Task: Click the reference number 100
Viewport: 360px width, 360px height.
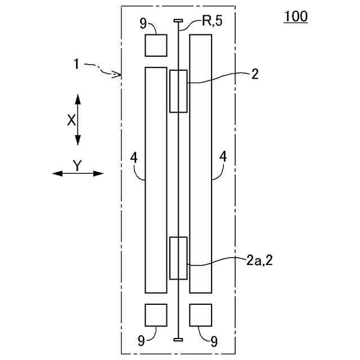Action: pyautogui.click(x=296, y=17)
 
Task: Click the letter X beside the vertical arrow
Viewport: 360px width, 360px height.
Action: pyautogui.click(x=71, y=120)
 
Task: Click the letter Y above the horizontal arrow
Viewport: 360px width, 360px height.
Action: pyautogui.click(x=78, y=165)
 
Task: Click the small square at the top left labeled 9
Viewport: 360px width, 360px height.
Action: pyautogui.click(x=156, y=45)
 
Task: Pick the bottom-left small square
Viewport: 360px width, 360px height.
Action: pyautogui.click(x=156, y=315)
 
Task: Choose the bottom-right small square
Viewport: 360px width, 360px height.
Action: pyautogui.click(x=200, y=315)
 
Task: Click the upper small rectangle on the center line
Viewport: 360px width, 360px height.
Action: pyautogui.click(x=178, y=91)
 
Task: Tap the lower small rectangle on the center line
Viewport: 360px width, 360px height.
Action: pyautogui.click(x=178, y=258)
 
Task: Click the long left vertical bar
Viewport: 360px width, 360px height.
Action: pyautogui.click(x=156, y=180)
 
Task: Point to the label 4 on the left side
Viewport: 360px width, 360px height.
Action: pyautogui.click(x=134, y=159)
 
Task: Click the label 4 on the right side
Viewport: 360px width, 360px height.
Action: pyautogui.click(x=223, y=159)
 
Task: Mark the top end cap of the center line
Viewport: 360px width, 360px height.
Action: pyautogui.click(x=178, y=21)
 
